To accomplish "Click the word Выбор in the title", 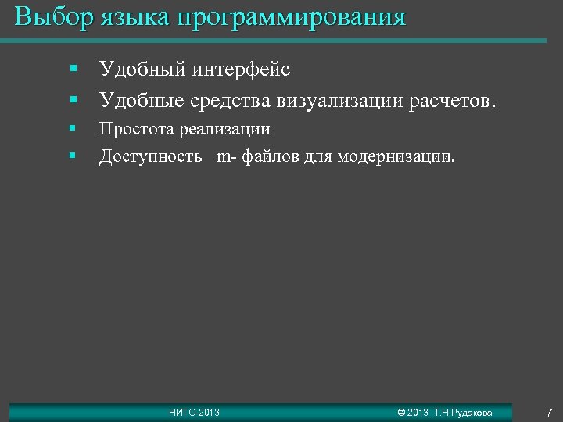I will tap(52, 17).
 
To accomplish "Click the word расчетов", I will tap(453, 101).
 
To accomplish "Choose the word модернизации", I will tap(396, 157).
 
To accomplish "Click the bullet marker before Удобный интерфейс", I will tap(71, 70).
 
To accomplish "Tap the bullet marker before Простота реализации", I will tap(71, 128).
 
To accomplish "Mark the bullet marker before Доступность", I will tap(71, 156).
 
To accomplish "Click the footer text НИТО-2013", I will tap(195, 412).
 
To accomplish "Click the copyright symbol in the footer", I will tap(401, 412).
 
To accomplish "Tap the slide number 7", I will tap(549, 412).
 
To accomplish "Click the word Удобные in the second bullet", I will tap(138, 101).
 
